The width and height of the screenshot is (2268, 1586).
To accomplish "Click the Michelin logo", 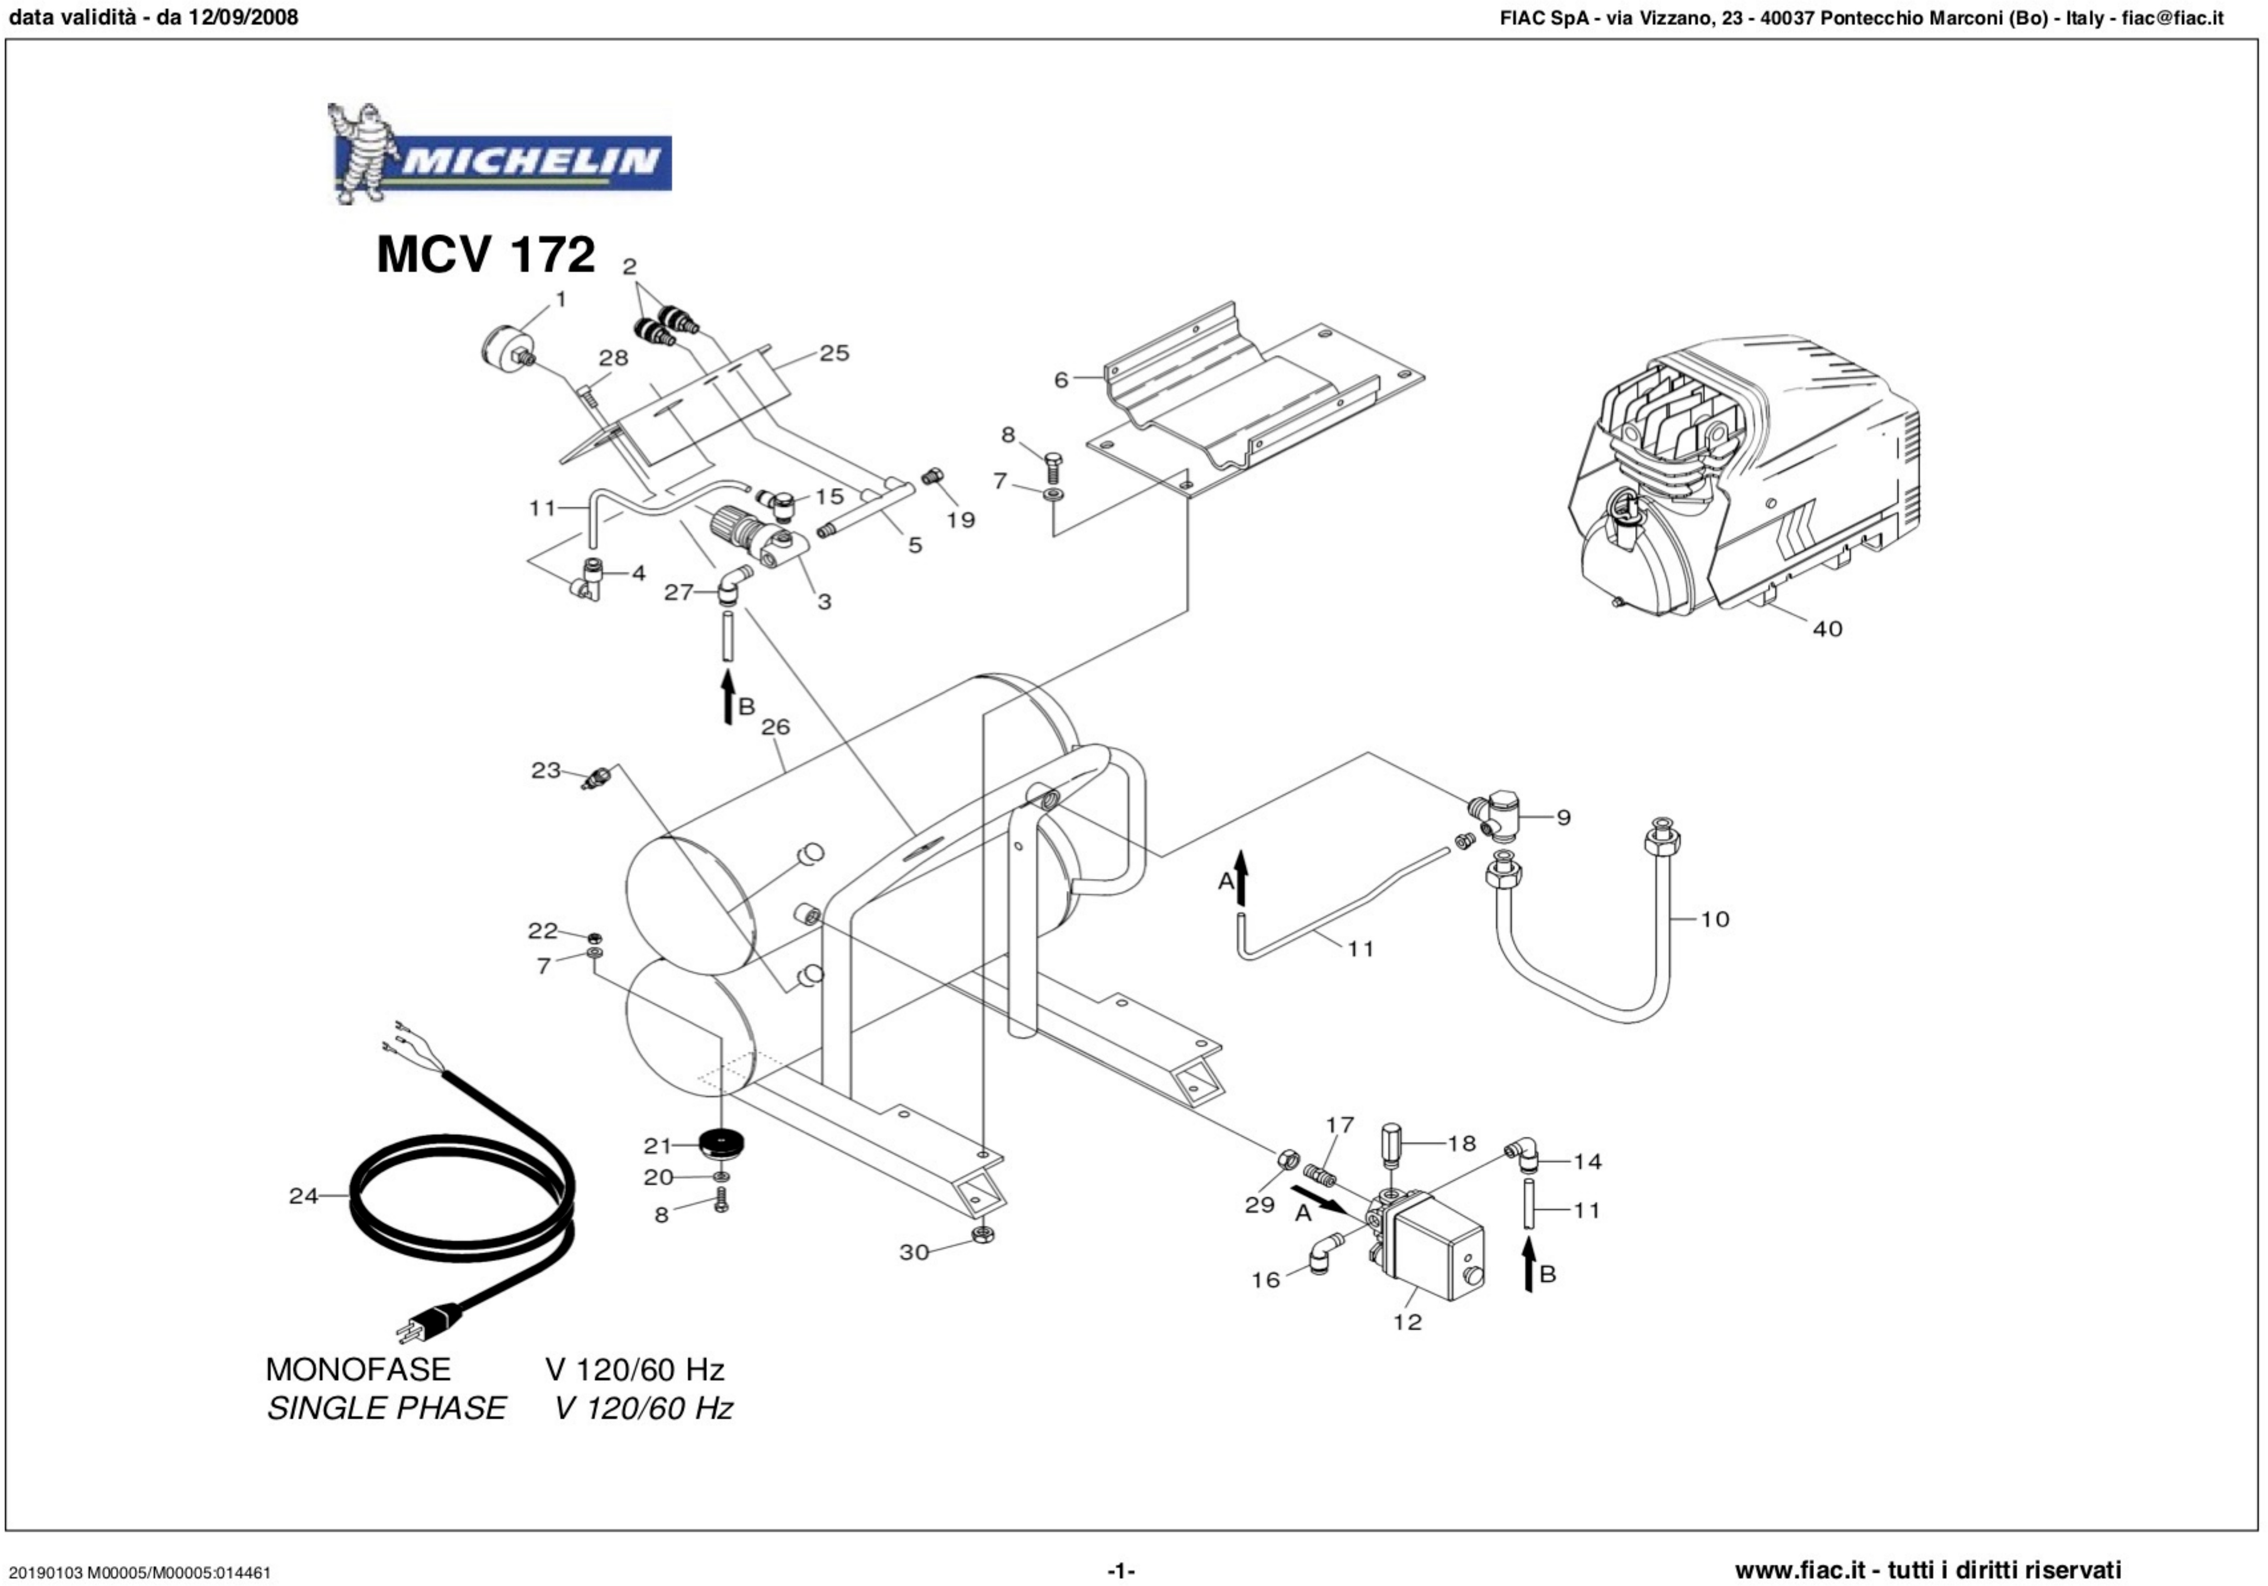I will click(500, 156).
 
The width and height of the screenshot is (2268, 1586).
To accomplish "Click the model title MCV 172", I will click(485, 255).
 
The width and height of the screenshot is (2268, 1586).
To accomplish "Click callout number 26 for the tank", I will click(775, 727).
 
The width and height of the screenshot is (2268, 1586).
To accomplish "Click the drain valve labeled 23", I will click(594, 778).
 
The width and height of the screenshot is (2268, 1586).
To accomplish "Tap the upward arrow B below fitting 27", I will click(728, 695).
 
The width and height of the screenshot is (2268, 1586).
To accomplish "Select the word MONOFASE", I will click(358, 1370).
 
